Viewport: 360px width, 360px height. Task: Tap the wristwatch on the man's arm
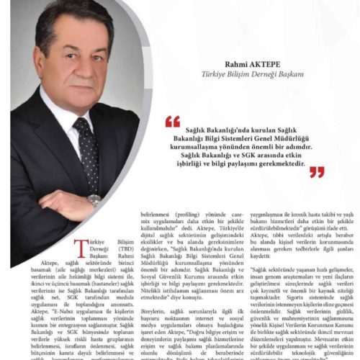coord(94,199)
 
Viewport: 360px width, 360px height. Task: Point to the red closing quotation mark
coord(317,172)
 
